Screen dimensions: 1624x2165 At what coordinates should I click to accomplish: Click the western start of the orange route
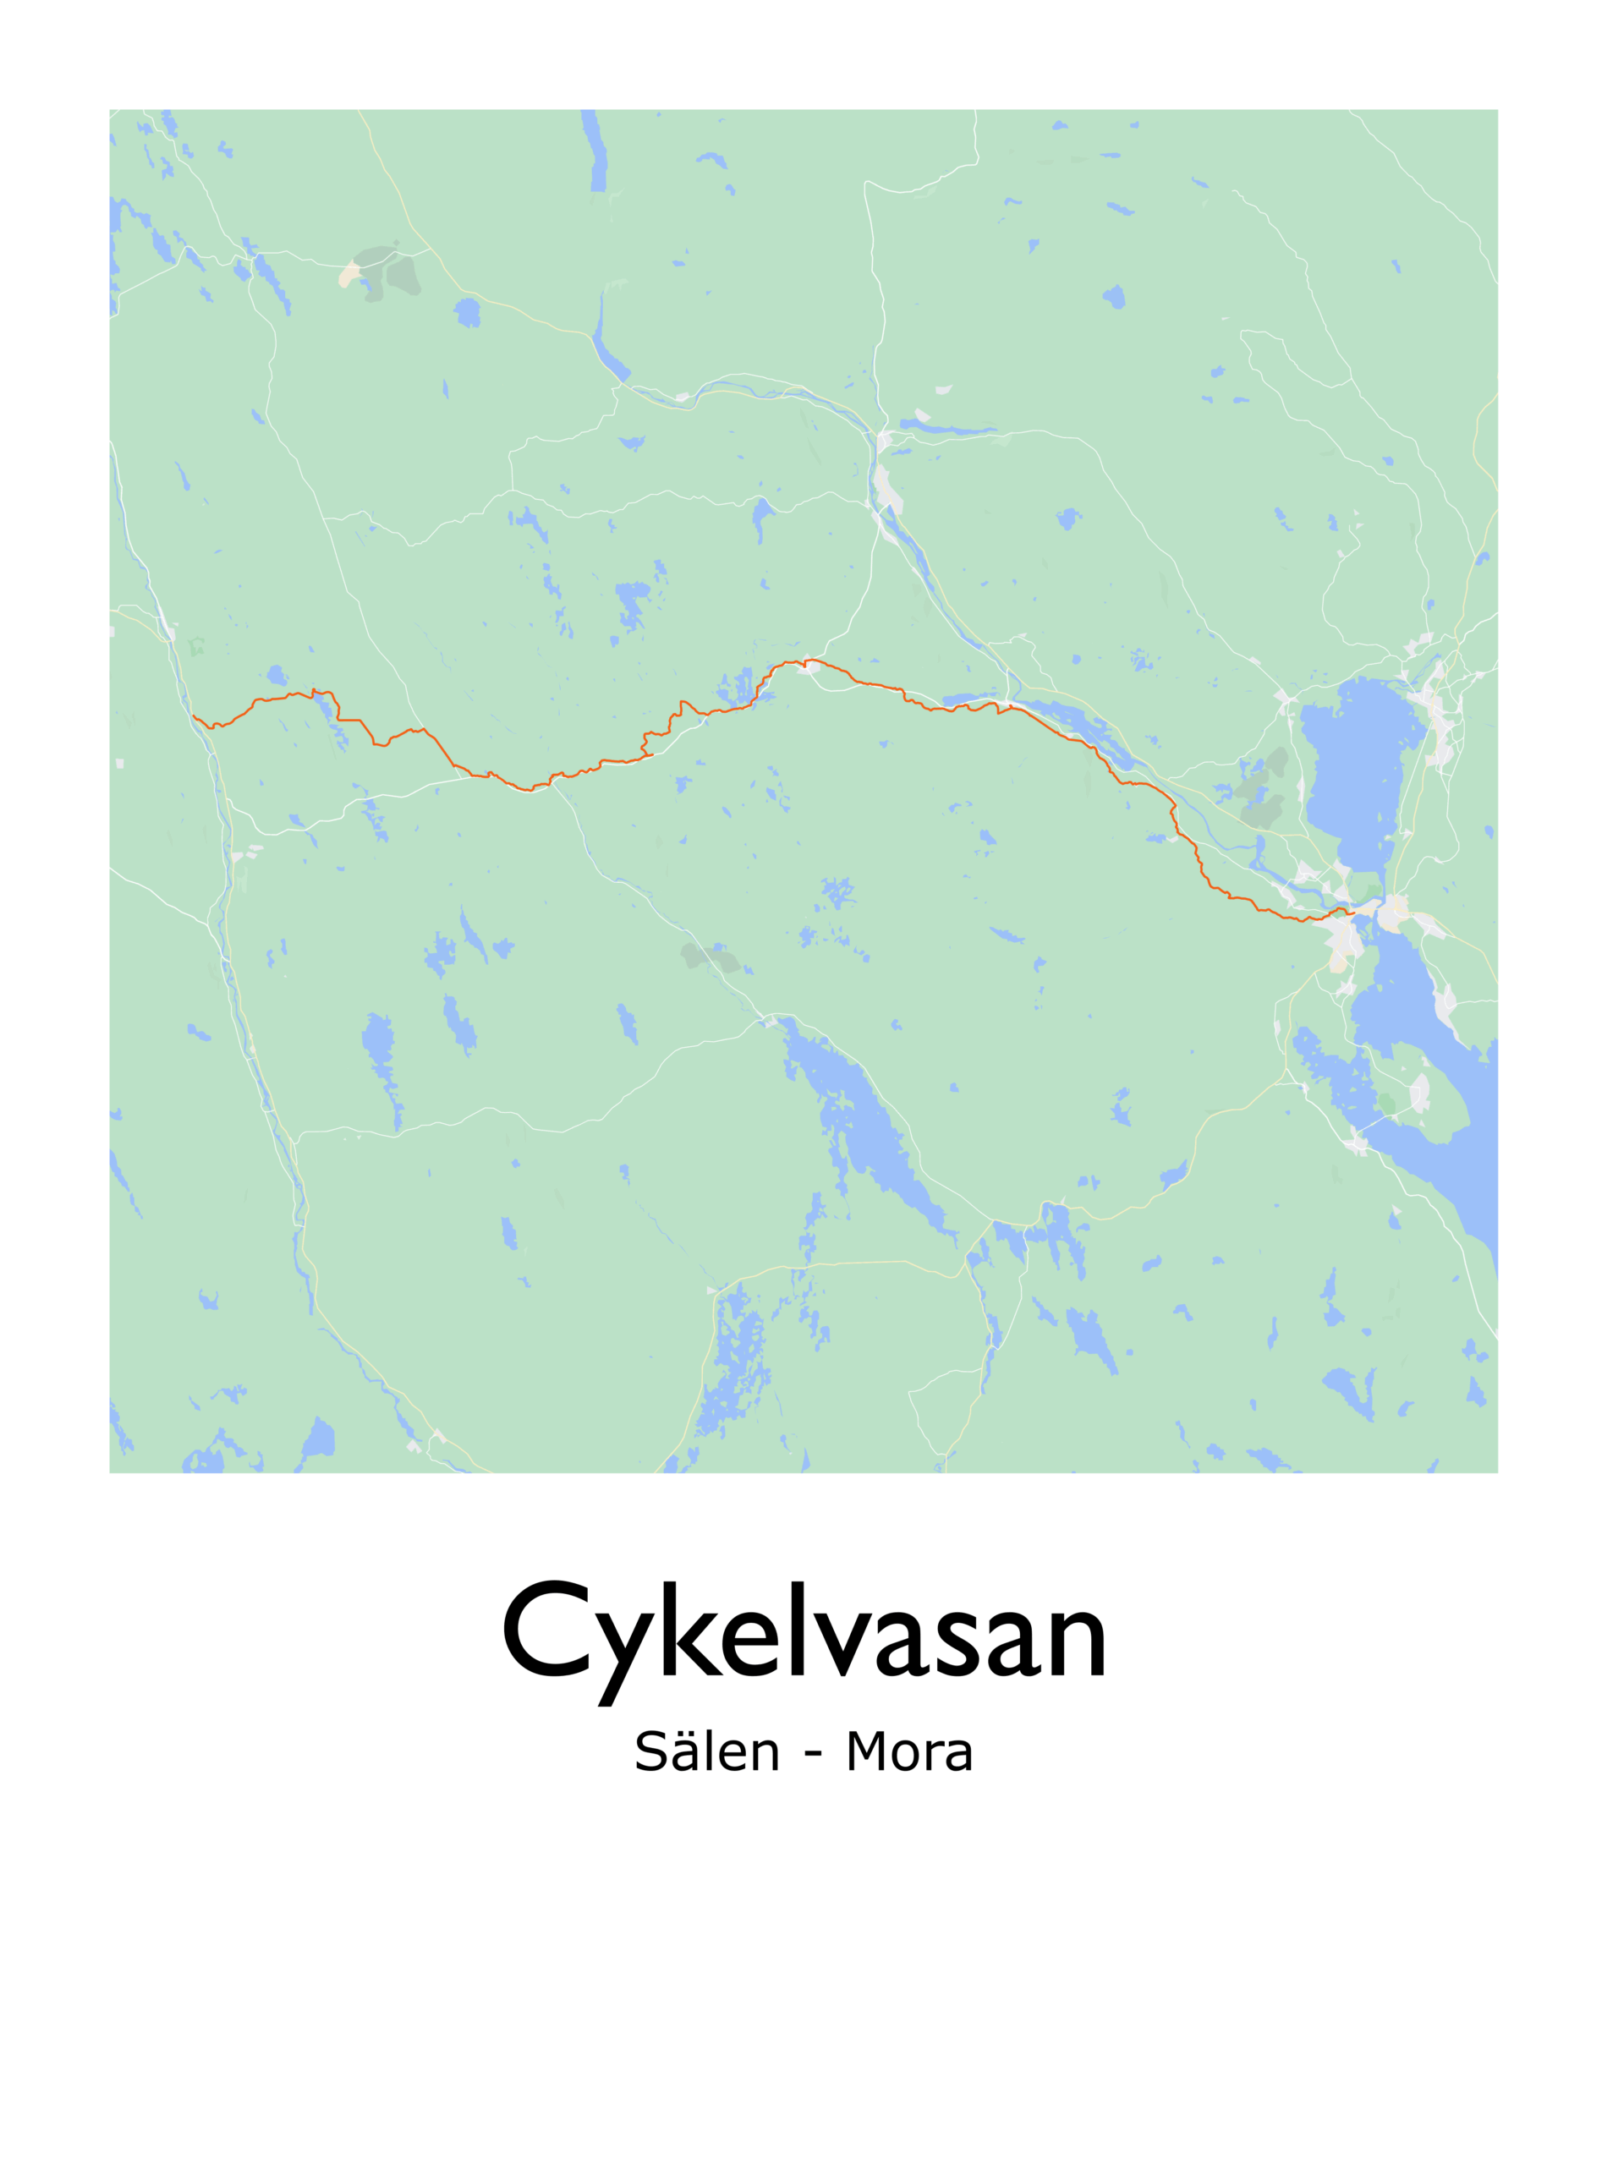[x=193, y=716]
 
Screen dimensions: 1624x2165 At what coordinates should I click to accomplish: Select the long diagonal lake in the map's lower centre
[x=866, y=1126]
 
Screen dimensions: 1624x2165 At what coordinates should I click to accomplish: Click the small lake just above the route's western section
[x=277, y=676]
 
